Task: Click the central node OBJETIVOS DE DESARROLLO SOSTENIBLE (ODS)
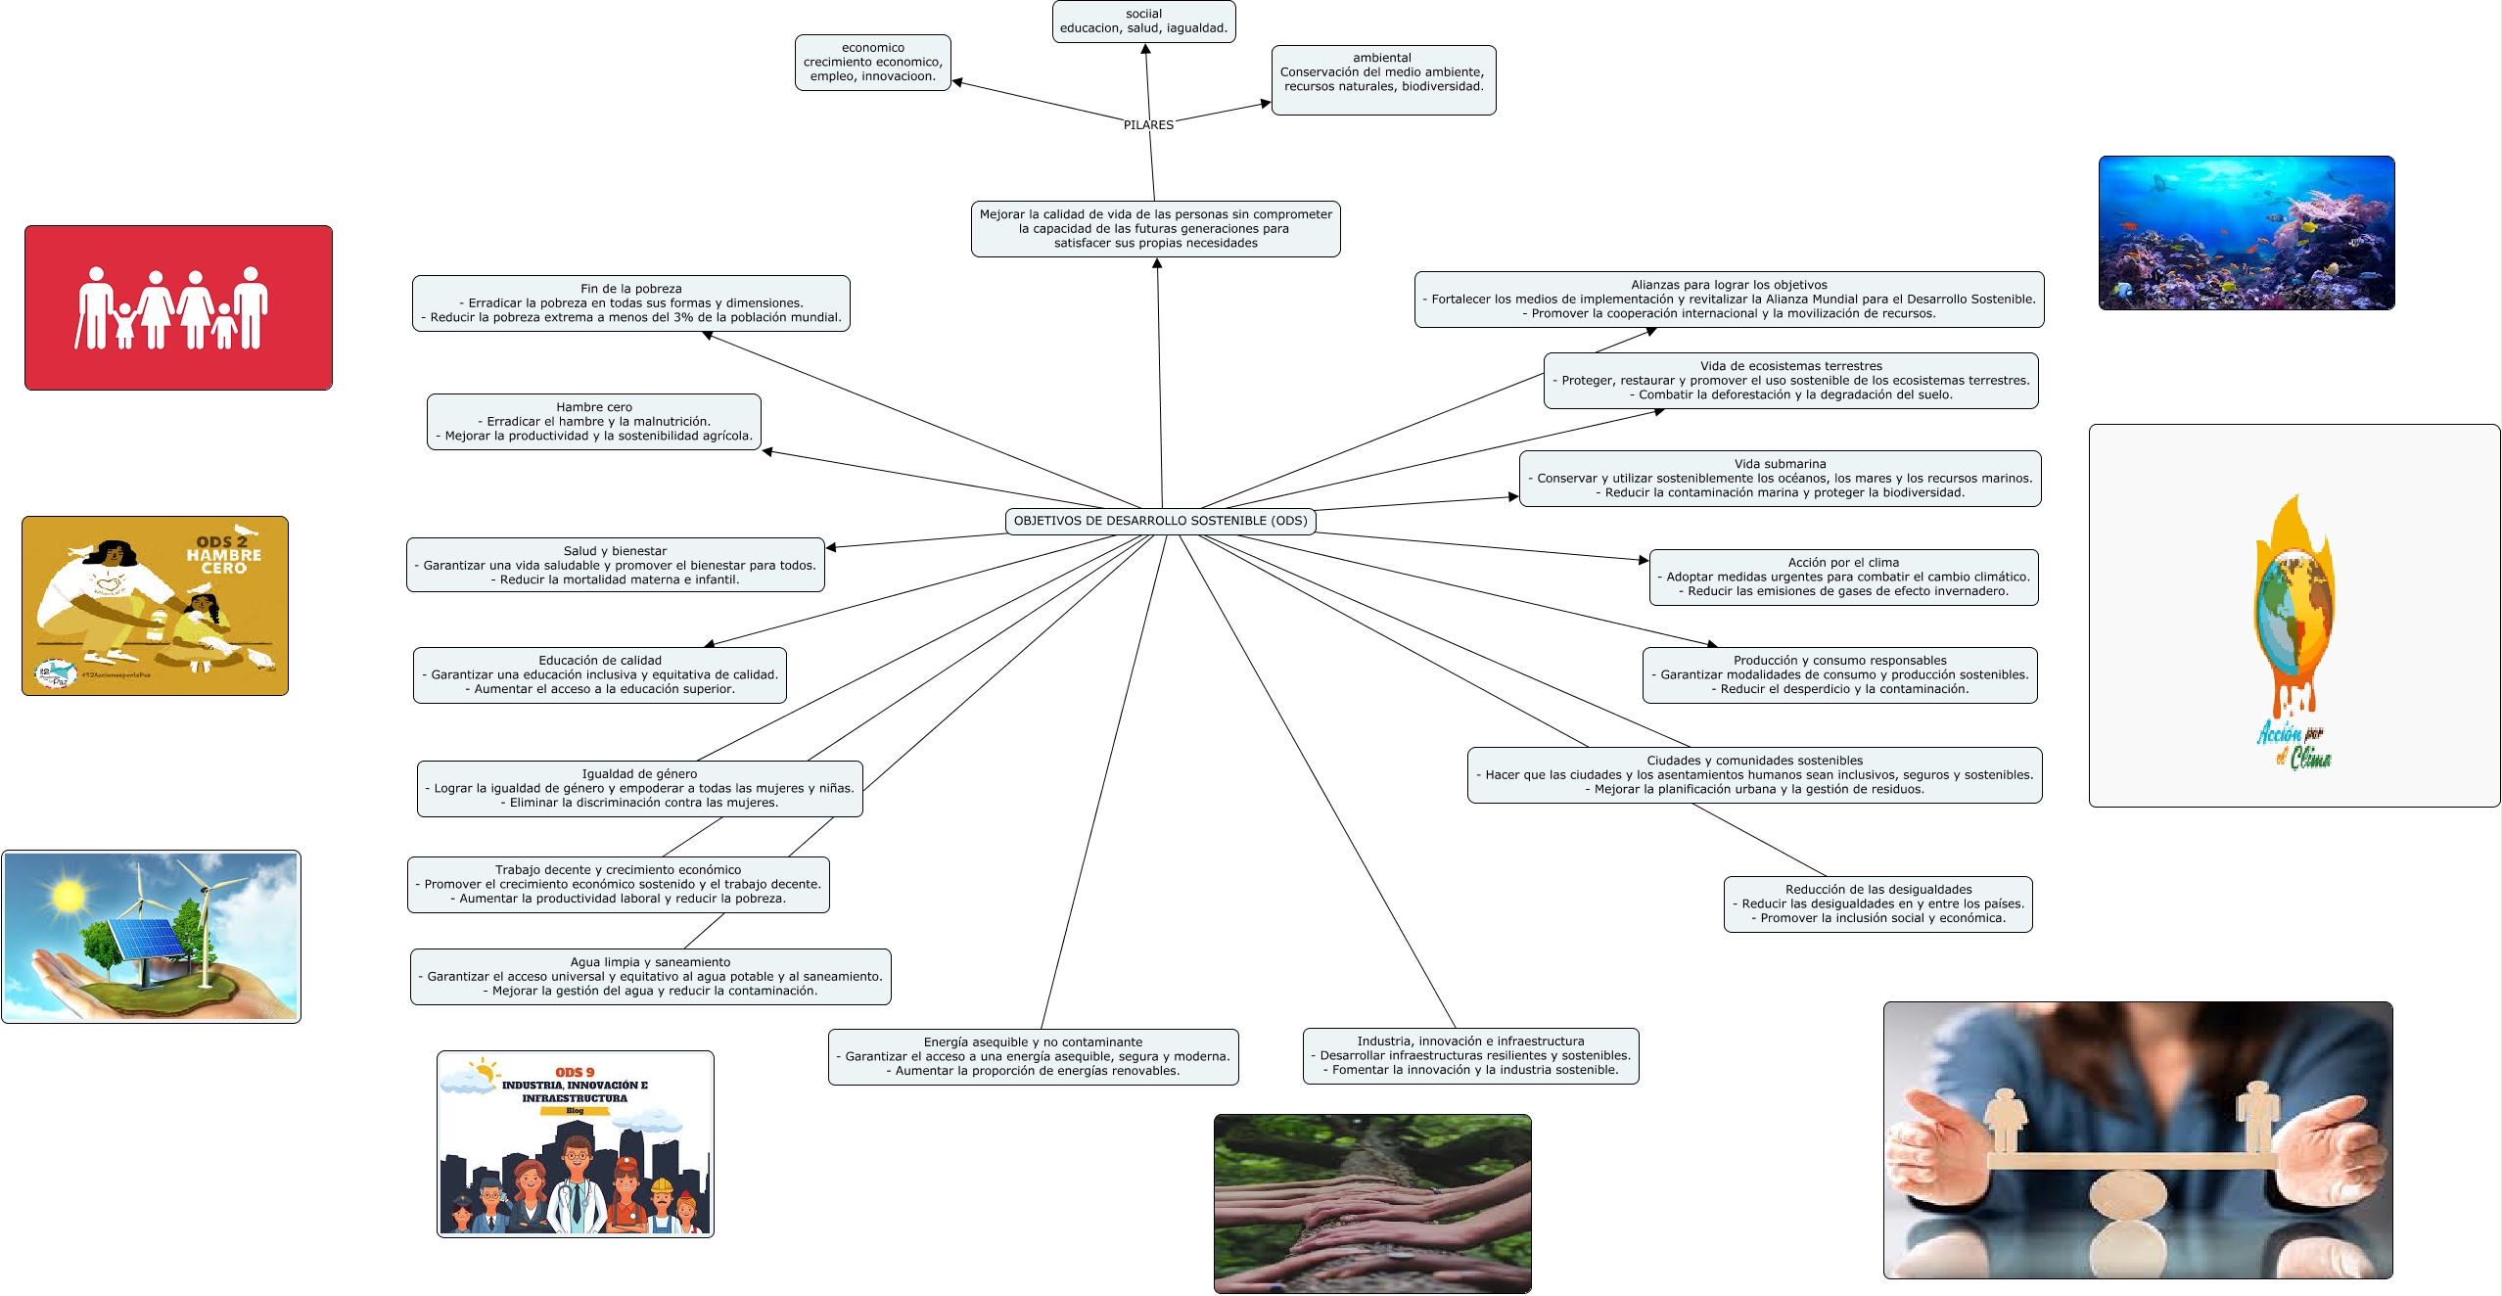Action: pyautogui.click(x=1160, y=521)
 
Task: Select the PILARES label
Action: pyautogui.click(x=1148, y=125)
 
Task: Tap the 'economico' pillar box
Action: pyautogui.click(x=872, y=63)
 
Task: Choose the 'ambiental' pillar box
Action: pyautogui.click(x=1382, y=79)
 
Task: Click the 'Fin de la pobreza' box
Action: pyautogui.click(x=630, y=303)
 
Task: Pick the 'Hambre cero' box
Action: pyautogui.click(x=593, y=422)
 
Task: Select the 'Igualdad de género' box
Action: pyautogui.click(x=639, y=789)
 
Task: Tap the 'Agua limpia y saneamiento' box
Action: pyautogui.click(x=650, y=977)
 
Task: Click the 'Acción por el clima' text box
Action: pyautogui.click(x=1843, y=578)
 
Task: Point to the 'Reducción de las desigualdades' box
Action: pyautogui.click(x=1877, y=904)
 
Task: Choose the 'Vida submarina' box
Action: pyautogui.click(x=1780, y=479)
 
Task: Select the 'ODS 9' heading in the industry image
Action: pyautogui.click(x=575, y=1073)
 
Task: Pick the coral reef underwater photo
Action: pyautogui.click(x=2246, y=233)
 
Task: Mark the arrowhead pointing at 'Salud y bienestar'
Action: pyautogui.click(x=831, y=547)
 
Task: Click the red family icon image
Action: pyautogui.click(x=178, y=308)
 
